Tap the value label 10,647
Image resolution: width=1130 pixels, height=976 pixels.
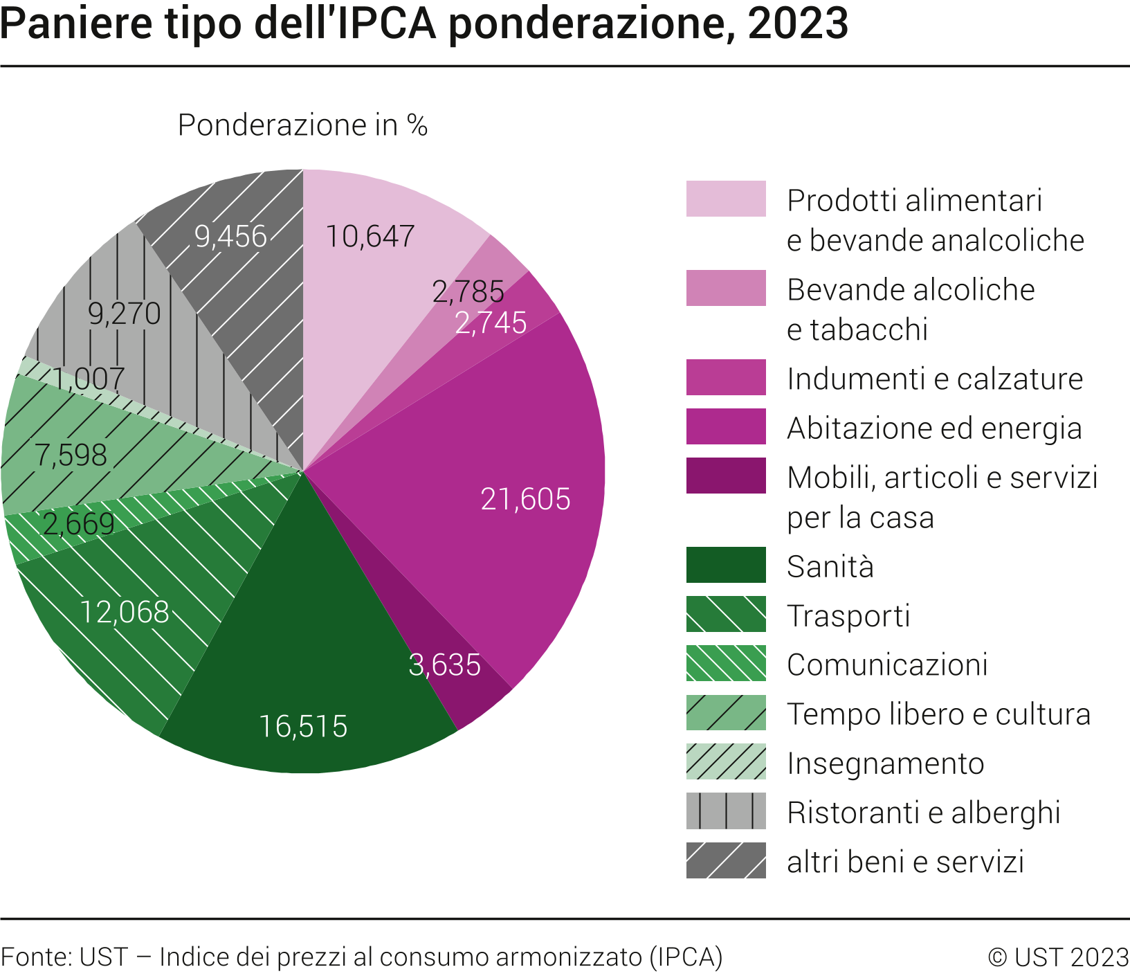coord(370,237)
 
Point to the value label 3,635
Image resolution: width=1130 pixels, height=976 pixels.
coord(444,665)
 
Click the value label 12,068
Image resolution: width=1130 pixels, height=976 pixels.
coord(125,612)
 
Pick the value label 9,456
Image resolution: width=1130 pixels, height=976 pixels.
coord(230,237)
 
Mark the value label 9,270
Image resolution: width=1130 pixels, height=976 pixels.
coord(125,314)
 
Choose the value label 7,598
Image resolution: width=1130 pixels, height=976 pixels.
coord(71,455)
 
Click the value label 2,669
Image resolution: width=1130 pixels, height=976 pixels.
coord(78,524)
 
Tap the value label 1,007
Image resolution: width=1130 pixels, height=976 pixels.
coord(88,379)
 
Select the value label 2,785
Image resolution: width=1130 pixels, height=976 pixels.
coord(468,291)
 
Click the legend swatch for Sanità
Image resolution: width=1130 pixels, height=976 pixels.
coord(726,565)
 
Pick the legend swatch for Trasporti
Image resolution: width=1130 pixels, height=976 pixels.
coord(726,614)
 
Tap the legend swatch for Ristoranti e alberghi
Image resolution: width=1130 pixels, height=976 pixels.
coord(726,811)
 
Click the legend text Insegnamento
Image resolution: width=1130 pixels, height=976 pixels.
coord(885,763)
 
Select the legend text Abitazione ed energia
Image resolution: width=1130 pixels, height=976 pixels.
coord(934,428)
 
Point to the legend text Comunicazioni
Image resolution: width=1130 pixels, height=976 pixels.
coord(887,665)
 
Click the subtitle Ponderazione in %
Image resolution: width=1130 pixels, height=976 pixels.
coord(302,125)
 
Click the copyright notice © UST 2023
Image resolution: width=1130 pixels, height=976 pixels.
coord(1058,957)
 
